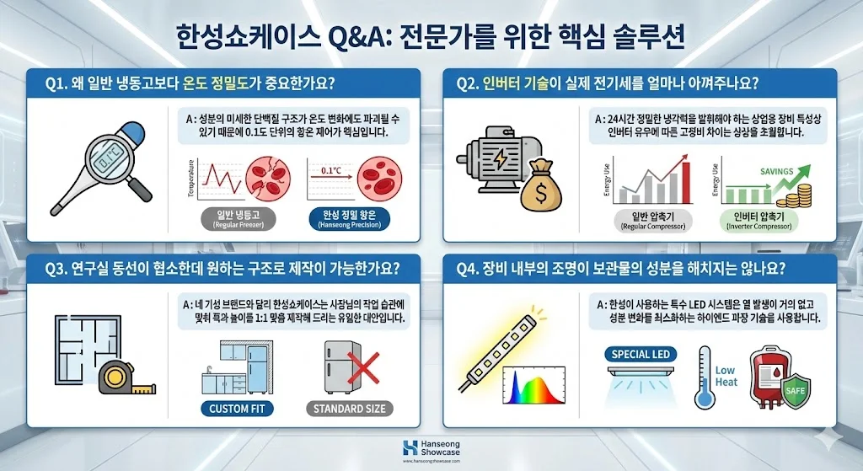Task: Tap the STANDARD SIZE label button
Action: [349, 409]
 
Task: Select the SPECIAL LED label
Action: [641, 354]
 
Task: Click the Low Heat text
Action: [725, 376]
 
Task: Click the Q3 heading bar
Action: [223, 270]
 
